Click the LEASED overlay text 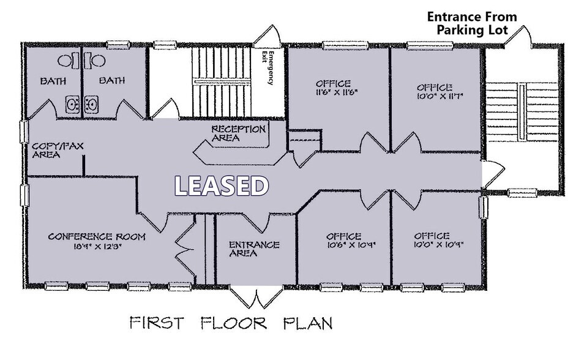222,186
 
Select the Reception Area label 239,133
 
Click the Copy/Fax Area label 57,151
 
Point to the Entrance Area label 254,249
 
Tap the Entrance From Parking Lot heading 471,23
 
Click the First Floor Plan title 231,323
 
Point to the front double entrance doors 256,299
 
